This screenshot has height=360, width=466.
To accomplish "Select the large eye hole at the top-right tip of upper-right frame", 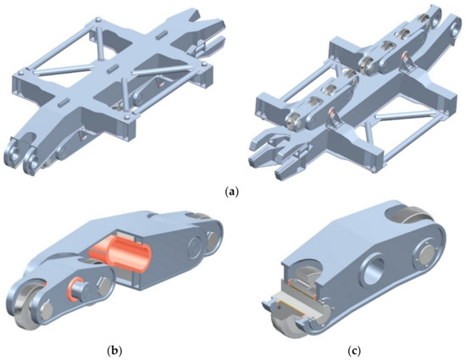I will [433, 19].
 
